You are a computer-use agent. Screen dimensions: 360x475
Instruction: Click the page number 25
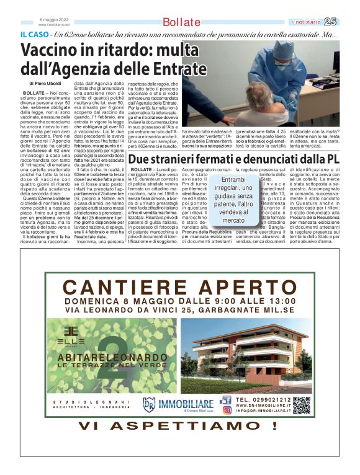330,22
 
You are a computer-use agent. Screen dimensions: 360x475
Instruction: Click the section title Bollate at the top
182,23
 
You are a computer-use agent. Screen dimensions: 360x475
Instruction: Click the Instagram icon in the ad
227,410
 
